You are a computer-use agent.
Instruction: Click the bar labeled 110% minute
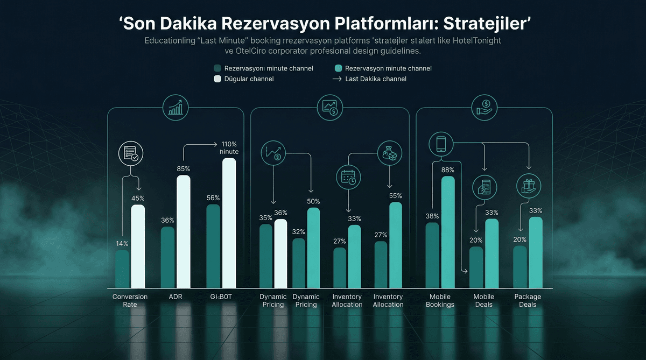[229, 223]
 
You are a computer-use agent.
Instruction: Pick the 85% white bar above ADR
[184, 231]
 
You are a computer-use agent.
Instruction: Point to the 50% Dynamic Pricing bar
[313, 248]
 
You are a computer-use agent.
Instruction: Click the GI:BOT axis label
[221, 297]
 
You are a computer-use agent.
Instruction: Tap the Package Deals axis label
[528, 300]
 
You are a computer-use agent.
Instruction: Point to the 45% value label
[138, 199]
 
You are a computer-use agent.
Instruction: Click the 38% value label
[432, 216]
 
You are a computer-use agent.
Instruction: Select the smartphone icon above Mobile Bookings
[440, 144]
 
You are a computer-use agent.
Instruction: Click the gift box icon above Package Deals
[528, 186]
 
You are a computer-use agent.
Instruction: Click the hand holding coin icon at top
[484, 107]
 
